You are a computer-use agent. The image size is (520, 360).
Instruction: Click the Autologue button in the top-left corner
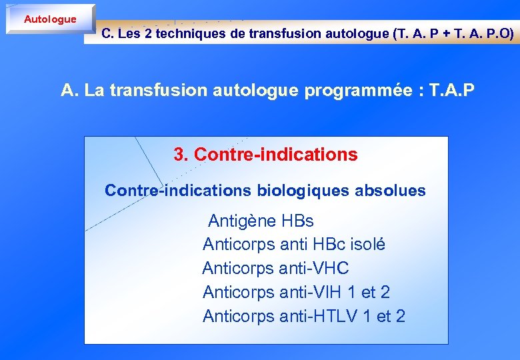(50, 19)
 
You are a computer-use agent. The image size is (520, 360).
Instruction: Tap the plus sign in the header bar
(445, 34)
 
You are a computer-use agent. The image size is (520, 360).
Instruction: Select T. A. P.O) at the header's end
(485, 34)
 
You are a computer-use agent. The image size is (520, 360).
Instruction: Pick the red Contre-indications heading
(275, 155)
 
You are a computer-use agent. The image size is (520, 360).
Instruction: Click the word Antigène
(242, 221)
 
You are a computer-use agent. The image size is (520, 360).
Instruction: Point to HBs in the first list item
(297, 221)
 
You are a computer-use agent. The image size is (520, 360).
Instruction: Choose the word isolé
(366, 245)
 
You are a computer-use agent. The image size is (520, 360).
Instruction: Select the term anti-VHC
(314, 269)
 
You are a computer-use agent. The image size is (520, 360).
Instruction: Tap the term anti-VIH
(312, 293)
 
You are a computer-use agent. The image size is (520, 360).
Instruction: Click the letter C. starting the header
(107, 34)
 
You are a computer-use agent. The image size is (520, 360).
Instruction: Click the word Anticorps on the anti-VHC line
(238, 269)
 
